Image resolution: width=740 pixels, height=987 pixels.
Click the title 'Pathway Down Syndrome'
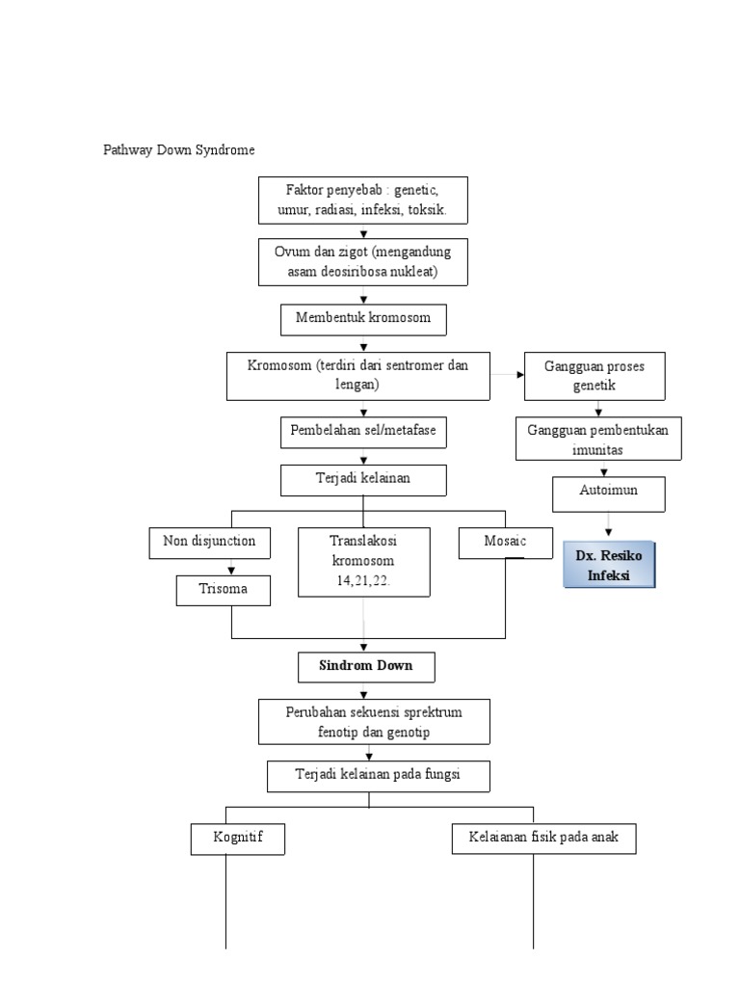180,151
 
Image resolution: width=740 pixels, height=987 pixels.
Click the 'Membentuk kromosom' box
363,319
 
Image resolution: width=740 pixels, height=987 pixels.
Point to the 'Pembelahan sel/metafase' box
363,431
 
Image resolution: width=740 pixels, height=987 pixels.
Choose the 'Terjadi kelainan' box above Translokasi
363,479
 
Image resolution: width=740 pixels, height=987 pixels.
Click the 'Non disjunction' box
210,542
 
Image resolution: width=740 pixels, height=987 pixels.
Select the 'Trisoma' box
224,590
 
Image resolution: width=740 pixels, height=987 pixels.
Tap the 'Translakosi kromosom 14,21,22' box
363,561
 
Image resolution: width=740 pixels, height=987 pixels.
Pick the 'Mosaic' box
506,542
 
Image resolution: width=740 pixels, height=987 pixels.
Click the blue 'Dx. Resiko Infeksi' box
608,566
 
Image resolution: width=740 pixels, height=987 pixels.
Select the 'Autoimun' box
608,492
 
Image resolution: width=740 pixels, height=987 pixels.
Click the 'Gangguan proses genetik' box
595,376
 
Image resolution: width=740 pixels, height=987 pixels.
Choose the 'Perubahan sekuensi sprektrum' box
374,722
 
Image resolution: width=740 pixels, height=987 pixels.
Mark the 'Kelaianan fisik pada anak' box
543,839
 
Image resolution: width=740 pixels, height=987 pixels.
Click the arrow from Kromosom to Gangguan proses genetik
508,373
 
